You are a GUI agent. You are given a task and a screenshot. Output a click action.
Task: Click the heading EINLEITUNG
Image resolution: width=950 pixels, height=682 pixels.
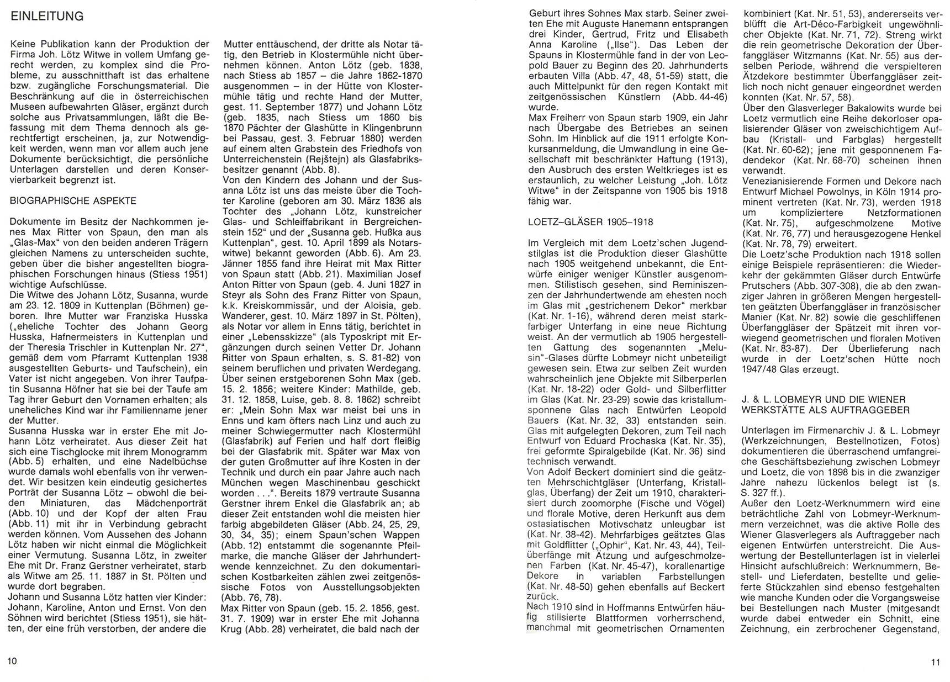(47, 17)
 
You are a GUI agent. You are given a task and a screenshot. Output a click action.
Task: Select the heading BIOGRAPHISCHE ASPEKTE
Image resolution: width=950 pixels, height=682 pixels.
(73, 201)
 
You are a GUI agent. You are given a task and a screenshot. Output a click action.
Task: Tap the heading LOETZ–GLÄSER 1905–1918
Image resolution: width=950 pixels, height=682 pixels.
(590, 222)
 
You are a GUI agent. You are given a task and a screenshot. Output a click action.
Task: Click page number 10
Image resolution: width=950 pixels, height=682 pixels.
(12, 661)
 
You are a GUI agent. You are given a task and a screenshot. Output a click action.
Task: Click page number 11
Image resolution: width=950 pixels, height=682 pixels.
(935, 663)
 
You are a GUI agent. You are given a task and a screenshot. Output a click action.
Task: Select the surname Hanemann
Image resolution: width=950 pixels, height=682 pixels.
(662, 25)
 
